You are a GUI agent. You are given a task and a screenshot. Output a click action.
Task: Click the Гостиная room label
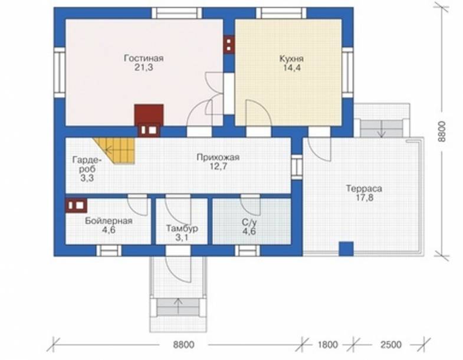(143, 58)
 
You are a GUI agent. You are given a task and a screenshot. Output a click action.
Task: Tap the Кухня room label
(291, 58)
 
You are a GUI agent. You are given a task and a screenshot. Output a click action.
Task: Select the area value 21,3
(144, 68)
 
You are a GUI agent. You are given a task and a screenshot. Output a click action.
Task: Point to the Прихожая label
(218, 157)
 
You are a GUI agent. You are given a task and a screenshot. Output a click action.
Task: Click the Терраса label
(364, 188)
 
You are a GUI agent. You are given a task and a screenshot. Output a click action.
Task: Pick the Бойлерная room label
(109, 221)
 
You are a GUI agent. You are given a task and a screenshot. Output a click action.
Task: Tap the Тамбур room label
(182, 228)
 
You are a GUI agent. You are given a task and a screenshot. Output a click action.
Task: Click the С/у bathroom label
(249, 222)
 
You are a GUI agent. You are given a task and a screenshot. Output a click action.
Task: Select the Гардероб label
(87, 165)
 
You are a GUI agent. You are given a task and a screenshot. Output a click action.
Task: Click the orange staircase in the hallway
(118, 150)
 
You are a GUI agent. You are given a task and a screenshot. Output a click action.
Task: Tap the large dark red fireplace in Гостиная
(149, 120)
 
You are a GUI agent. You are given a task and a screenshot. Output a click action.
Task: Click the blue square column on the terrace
(346, 249)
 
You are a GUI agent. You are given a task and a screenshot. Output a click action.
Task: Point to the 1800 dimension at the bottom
(328, 345)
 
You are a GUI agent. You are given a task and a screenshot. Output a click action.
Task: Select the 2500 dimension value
(391, 345)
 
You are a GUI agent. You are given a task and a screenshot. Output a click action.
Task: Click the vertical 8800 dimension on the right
(441, 132)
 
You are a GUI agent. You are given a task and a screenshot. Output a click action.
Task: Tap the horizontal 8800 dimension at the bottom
(183, 345)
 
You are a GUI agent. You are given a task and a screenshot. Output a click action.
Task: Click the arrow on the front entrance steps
(178, 306)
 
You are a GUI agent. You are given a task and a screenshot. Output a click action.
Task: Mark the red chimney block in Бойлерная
(76, 205)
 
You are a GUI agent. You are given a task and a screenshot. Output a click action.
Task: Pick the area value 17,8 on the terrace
(365, 198)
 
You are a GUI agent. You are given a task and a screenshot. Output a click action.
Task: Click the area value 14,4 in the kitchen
(292, 68)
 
